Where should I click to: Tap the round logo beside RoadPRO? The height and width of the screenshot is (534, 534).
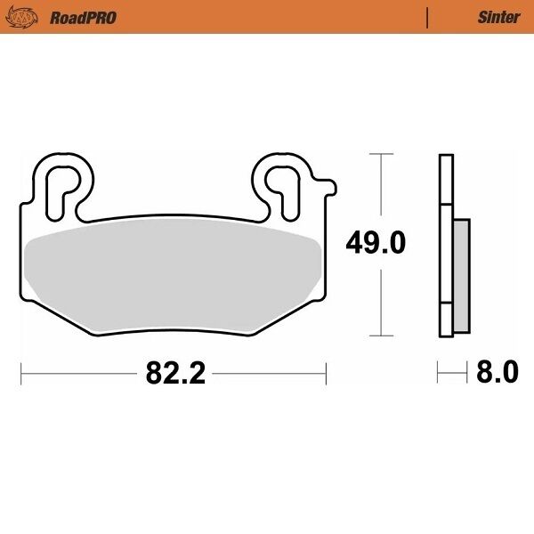click(30, 17)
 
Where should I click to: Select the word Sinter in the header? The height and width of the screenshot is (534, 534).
click(498, 17)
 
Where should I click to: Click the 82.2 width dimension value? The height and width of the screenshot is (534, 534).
click(174, 373)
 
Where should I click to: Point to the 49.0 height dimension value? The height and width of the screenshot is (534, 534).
click(375, 242)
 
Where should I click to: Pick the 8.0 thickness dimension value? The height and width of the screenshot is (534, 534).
click(497, 372)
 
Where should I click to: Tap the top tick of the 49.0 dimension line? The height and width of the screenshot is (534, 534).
click(381, 155)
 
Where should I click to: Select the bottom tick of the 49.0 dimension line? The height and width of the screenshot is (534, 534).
click(381, 336)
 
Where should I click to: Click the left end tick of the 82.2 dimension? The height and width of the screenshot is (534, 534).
click(21, 373)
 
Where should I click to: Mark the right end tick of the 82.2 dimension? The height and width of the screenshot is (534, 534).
click(327, 373)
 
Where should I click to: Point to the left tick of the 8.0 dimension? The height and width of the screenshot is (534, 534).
click(439, 372)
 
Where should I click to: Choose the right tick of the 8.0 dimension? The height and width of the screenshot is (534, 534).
click(469, 372)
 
